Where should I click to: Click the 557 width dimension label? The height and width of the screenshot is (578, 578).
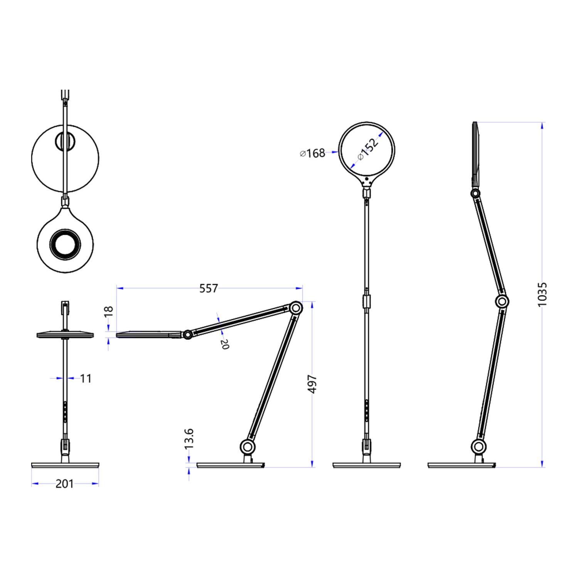(x=209, y=288)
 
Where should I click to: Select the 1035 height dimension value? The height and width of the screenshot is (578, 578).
(x=542, y=294)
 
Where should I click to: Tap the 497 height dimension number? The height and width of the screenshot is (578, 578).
(x=312, y=384)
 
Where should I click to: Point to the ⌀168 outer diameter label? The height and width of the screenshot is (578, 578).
(x=313, y=153)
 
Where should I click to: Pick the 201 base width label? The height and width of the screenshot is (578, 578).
(x=64, y=484)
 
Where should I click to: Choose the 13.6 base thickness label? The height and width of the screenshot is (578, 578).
(x=189, y=439)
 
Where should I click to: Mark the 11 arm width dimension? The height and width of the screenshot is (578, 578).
(x=86, y=378)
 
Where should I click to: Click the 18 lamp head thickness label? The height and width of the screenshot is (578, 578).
(x=109, y=311)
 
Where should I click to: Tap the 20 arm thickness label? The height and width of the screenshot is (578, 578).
(x=224, y=344)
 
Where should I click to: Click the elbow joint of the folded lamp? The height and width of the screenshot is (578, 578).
(x=296, y=308)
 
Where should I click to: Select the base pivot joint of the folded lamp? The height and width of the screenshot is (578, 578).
(x=248, y=447)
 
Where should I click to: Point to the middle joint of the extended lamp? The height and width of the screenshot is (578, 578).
(x=502, y=301)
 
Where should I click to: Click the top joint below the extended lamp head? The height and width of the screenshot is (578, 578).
(x=475, y=193)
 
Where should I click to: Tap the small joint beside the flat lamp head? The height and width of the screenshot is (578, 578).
(x=188, y=334)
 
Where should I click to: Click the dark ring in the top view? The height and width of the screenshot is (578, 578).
(x=65, y=244)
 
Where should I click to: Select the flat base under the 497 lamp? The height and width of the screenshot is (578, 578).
(x=231, y=465)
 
